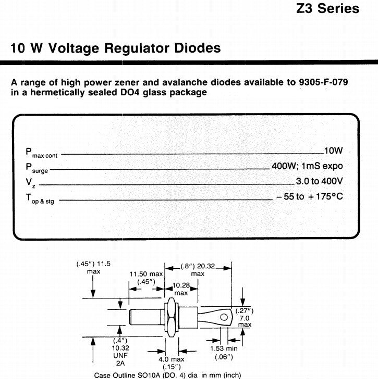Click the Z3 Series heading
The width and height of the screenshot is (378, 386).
pos(327,8)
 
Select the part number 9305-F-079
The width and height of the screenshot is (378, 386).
pos(323,82)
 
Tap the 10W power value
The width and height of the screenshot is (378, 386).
pos(333,151)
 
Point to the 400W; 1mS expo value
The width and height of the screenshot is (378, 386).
pos(307,166)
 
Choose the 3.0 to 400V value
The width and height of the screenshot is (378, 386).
pos(319,181)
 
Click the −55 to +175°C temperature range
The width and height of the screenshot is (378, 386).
pos(310,196)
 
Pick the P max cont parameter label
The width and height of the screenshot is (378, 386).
pos(41,153)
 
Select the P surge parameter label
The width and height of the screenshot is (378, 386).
pos(36,168)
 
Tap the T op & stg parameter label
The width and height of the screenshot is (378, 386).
pos(40,198)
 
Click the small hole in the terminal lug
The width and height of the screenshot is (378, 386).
pos(224,317)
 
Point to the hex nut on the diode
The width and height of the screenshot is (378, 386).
pos(171,317)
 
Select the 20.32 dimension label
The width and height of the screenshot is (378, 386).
pos(206,266)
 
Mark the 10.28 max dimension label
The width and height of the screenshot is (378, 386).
pos(181,289)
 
